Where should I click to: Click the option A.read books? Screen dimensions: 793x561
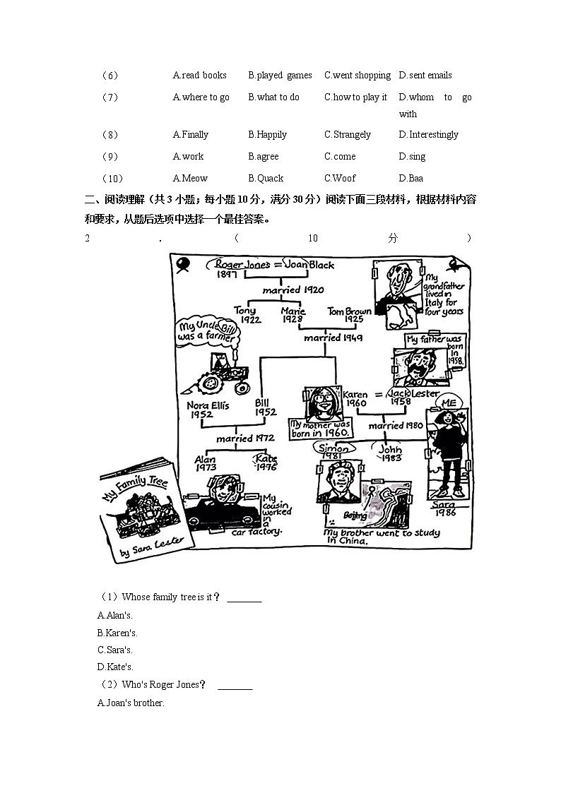click(200, 75)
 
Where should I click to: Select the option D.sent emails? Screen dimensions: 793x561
click(425, 75)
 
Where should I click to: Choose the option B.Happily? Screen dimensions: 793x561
click(267, 134)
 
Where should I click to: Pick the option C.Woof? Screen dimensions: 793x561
click(340, 178)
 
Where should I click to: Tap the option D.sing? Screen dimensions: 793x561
click(412, 156)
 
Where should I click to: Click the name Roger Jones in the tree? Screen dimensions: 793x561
click(242, 264)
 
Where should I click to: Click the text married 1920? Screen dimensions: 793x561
click(293, 290)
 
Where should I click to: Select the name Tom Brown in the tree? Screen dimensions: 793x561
click(349, 311)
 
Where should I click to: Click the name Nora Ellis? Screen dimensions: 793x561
click(208, 406)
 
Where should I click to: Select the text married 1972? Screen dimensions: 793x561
click(244, 439)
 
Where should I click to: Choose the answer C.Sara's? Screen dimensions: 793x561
click(115, 650)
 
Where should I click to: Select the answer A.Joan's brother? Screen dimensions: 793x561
click(131, 703)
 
